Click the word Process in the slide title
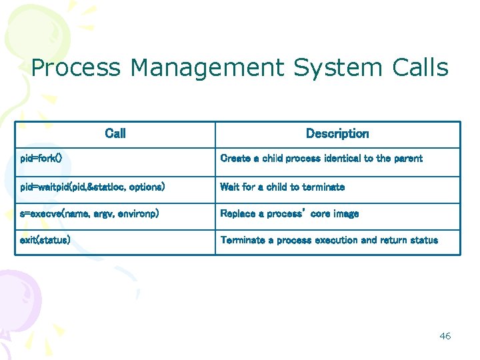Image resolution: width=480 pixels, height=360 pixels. point(76,68)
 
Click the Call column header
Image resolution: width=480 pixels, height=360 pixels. point(115,133)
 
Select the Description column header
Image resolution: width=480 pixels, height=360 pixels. point(337,133)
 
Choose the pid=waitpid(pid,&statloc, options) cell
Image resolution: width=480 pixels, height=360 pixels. point(92,187)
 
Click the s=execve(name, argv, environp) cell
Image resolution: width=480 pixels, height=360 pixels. point(89,214)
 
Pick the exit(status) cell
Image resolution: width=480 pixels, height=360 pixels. point(45,240)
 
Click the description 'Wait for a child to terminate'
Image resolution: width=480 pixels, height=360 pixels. point(282,187)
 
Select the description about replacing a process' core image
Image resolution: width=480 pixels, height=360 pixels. point(289,214)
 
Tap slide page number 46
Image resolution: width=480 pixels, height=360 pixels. point(445,336)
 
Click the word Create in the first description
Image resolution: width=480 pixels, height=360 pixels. point(235,159)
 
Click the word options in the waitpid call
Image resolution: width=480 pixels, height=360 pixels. point(146,187)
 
